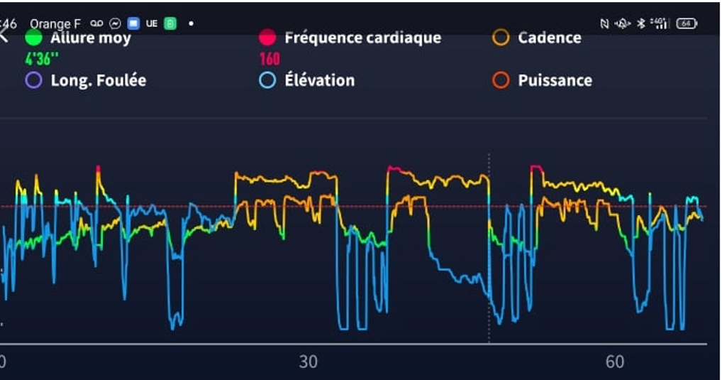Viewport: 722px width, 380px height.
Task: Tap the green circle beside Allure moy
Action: (x=33, y=38)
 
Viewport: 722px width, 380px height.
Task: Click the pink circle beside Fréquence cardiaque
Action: (x=267, y=38)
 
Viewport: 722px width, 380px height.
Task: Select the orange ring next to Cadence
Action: (x=501, y=38)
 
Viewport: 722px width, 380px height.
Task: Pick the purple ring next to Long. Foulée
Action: (x=33, y=80)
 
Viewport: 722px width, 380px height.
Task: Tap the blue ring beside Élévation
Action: (x=267, y=80)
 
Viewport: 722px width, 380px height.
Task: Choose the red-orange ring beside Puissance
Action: (x=501, y=80)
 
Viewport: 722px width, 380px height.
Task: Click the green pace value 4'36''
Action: (x=42, y=58)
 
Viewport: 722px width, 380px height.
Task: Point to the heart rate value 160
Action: (x=270, y=58)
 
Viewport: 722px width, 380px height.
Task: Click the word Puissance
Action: (x=555, y=80)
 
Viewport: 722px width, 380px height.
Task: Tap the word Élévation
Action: (x=319, y=80)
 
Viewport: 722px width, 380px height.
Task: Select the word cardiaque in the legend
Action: (x=402, y=38)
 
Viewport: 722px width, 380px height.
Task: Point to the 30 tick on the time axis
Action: (x=308, y=362)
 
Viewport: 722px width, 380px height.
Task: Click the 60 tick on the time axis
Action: (x=615, y=362)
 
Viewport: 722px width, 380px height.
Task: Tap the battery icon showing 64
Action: (x=686, y=23)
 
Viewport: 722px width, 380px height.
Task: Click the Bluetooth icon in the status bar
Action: (x=640, y=23)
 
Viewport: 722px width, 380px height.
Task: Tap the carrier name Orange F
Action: (x=55, y=23)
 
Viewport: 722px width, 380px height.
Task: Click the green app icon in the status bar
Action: (x=170, y=23)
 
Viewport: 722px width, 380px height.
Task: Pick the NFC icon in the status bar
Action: (x=604, y=23)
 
